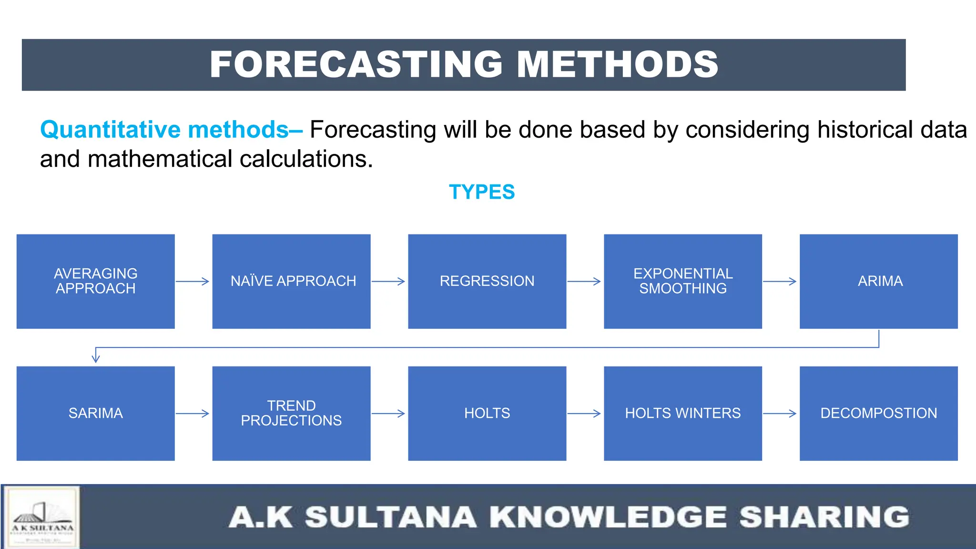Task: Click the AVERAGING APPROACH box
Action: [x=95, y=281]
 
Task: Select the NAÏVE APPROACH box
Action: [x=291, y=281]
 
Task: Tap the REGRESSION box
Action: [x=487, y=281]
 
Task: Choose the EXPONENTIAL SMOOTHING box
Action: [x=682, y=281]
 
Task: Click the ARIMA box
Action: [x=878, y=281]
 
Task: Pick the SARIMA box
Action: [x=95, y=413]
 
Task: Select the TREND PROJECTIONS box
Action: [x=291, y=413]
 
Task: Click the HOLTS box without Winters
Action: [x=487, y=413]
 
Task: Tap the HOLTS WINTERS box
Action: [x=682, y=413]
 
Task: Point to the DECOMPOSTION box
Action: [x=878, y=413]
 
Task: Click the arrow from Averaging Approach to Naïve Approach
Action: [x=193, y=282]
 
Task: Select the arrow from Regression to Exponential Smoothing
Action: [x=584, y=282]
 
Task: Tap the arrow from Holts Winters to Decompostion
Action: [x=780, y=414]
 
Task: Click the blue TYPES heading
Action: [x=482, y=192]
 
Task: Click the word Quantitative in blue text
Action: [x=110, y=130]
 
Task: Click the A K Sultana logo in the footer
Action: [x=42, y=518]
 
